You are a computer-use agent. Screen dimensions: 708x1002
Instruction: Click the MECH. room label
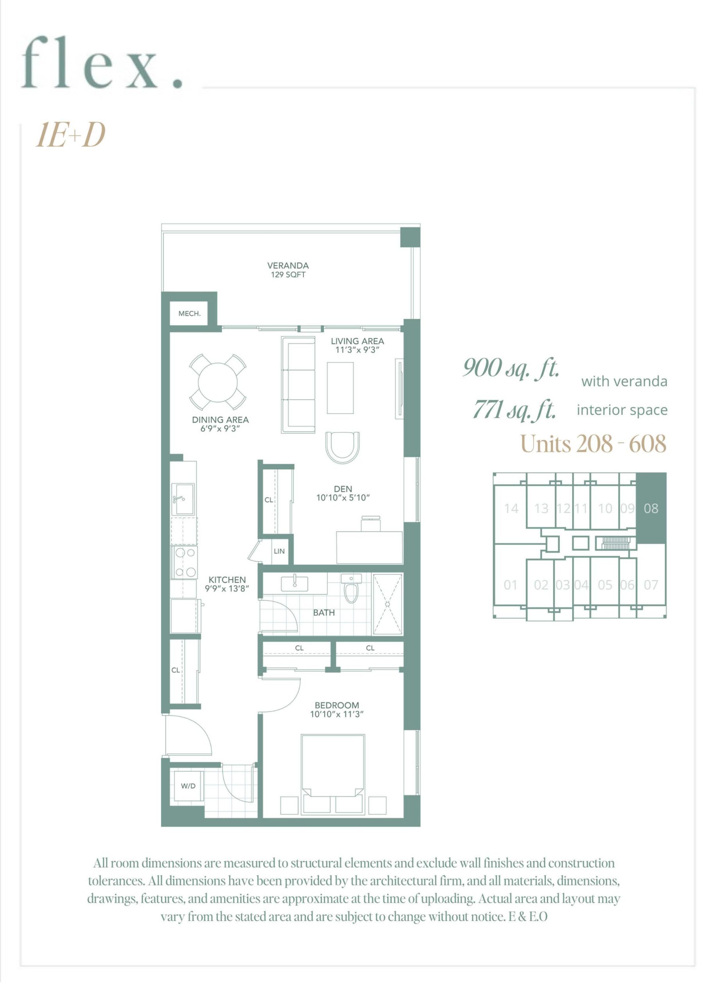pos(189,314)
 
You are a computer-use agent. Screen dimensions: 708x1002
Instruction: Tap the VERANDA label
pos(288,265)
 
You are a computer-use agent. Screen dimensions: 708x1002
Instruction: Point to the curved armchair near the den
pos(343,447)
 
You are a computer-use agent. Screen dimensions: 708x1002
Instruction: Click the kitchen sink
pos(183,498)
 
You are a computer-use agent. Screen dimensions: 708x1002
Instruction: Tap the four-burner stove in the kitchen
pos(185,562)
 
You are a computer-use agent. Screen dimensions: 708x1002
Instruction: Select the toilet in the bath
pos(351,588)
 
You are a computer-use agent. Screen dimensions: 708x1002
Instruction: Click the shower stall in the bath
pos(387,604)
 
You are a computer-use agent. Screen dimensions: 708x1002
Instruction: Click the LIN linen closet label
pos(279,551)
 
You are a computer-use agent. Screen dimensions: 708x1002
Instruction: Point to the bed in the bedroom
pos(333,774)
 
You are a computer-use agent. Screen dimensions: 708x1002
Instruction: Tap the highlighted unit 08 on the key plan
pos(651,508)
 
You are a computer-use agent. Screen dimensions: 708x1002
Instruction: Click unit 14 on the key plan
pos(511,508)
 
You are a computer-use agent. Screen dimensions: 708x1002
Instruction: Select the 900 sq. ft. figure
pos(511,368)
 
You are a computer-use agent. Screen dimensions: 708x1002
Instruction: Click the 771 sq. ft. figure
pos(515,410)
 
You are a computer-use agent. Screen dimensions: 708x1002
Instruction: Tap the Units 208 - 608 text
pos(593,444)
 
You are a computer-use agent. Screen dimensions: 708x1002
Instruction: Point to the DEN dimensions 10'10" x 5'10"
pos(343,497)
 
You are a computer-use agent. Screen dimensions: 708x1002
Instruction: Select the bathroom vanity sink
pos(295,584)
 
